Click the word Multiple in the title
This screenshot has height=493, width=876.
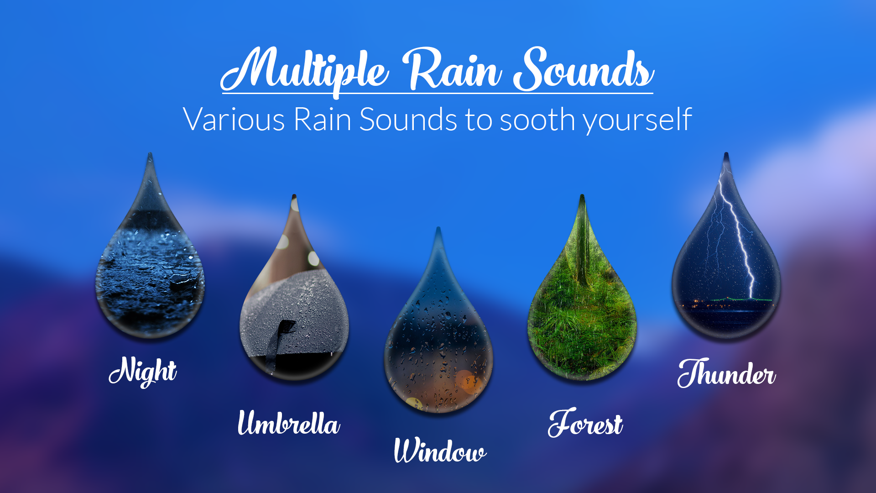(306, 71)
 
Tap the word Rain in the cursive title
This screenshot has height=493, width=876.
(454, 71)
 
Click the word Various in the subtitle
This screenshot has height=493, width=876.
(234, 120)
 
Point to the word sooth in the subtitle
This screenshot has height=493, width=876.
(537, 120)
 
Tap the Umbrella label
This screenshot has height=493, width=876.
(289, 423)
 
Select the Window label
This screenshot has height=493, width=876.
(440, 451)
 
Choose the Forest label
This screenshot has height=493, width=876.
(585, 424)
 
